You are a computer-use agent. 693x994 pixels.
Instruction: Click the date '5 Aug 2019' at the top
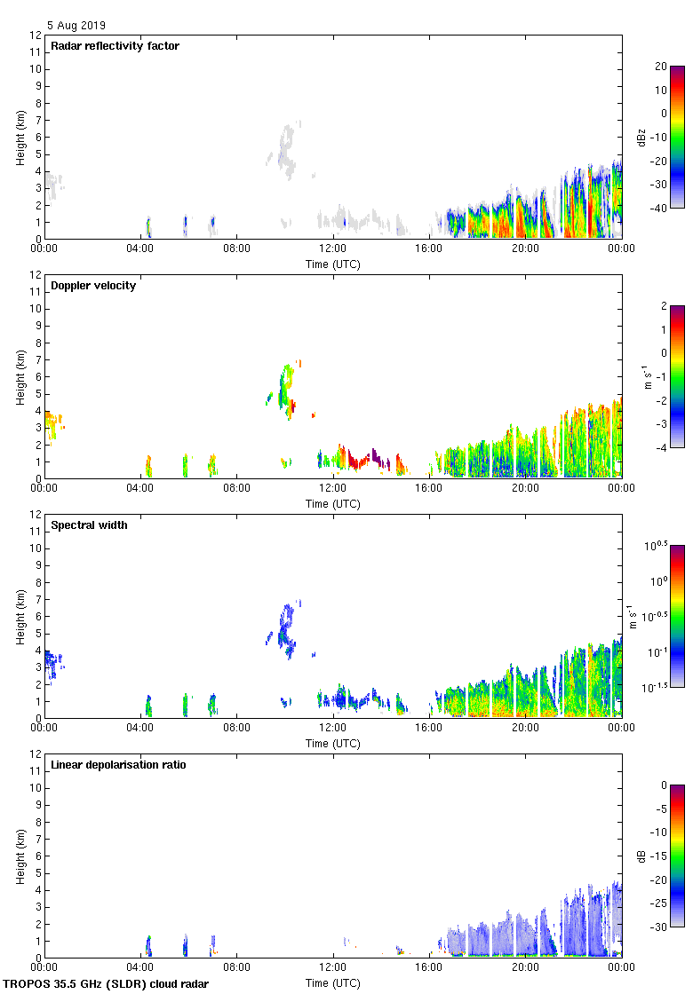pyautogui.click(x=76, y=26)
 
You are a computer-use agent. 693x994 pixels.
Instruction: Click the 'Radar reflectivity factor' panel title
pyautogui.click(x=115, y=46)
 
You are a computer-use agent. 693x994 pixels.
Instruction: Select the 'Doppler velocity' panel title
pyautogui.click(x=93, y=286)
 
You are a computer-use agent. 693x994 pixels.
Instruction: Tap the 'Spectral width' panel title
pyautogui.click(x=89, y=525)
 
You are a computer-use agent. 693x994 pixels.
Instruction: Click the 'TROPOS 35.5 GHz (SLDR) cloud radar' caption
pyautogui.click(x=107, y=983)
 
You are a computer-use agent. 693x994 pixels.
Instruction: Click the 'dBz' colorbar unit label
pyautogui.click(x=641, y=138)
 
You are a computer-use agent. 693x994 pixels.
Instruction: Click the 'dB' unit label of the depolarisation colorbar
pyautogui.click(x=641, y=856)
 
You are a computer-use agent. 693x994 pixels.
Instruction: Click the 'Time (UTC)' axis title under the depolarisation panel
pyautogui.click(x=333, y=983)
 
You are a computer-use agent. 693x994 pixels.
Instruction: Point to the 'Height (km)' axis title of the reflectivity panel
pyautogui.click(x=20, y=137)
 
